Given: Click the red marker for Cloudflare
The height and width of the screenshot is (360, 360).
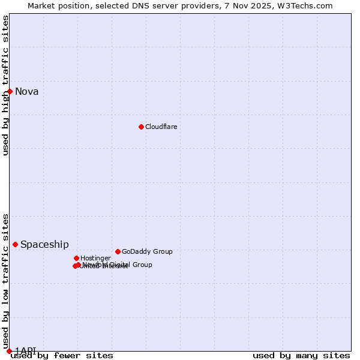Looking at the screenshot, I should tap(141, 127).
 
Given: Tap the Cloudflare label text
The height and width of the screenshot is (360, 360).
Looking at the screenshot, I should tap(161, 127).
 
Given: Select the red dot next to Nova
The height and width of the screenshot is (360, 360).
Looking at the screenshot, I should tap(10, 91).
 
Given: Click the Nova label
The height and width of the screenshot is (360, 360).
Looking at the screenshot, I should tap(27, 91).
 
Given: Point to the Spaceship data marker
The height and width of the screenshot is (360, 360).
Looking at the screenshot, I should tap(15, 244).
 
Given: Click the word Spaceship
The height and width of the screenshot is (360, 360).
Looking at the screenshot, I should tap(44, 244).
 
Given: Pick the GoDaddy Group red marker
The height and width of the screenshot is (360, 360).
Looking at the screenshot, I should tap(118, 251).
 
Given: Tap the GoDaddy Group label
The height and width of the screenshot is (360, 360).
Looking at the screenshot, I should tap(147, 251).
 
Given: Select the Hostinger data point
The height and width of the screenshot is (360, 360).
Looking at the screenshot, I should tap(76, 258).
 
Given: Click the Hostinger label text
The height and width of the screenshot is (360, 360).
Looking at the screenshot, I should tap(95, 258).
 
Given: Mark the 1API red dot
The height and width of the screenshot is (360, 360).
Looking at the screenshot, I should tap(9, 350).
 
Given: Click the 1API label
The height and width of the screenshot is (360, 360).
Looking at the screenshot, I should tap(25, 350).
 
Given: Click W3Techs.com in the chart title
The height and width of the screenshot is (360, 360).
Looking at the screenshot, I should tap(308, 5).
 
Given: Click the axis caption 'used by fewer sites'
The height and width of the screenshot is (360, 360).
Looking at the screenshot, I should tap(62, 356).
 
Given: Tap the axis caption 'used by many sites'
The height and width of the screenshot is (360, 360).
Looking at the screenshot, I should tap(301, 356).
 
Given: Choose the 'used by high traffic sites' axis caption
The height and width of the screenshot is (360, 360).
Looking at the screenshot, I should tap(5, 85).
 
